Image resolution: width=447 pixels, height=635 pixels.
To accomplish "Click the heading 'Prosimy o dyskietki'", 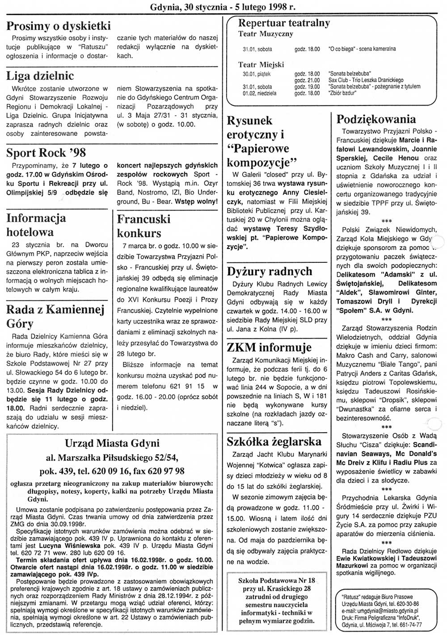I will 59,26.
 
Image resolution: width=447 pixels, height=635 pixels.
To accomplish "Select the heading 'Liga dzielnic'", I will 40,76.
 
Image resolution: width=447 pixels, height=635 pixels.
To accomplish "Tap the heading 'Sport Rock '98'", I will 46,153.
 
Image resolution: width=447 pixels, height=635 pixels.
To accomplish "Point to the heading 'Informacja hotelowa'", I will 36,225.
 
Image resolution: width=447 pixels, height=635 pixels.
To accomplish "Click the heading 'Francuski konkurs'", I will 144,226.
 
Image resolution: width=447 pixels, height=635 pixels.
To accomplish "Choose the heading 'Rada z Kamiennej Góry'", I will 55,316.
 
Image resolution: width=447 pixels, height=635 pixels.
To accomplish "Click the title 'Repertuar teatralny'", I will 284,23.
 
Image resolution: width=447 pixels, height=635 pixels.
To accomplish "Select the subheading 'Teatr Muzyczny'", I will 266,34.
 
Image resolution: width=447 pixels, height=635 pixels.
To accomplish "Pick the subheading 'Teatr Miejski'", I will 261,65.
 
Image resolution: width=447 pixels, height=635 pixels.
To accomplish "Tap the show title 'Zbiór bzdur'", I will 343,93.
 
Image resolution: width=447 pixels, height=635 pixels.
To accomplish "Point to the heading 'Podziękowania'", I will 376,119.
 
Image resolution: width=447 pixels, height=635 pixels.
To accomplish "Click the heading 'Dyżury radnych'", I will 270,271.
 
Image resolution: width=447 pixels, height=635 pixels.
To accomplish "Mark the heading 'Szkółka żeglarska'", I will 274,442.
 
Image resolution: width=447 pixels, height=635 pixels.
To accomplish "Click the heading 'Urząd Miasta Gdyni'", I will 112,443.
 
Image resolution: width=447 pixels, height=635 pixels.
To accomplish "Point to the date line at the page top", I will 223,7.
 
